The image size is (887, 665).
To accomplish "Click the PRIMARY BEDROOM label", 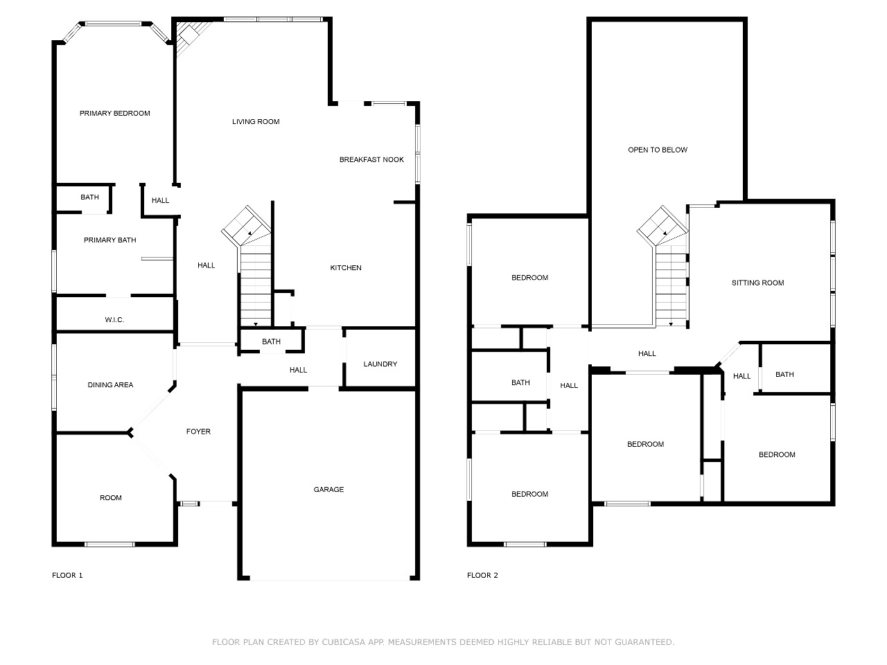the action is coord(115,114).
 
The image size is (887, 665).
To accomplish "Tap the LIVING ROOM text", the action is coord(256,121).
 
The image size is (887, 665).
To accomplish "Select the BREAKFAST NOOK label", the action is coord(371,159).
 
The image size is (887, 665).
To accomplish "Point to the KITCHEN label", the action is coord(346,267).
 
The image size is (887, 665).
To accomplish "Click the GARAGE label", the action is coord(328,489).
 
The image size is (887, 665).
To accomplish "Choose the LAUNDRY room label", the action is coord(380,364).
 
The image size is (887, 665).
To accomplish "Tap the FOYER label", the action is coord(198,432).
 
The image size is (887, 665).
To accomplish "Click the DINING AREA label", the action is coord(110,384).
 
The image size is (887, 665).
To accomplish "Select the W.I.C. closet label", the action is coord(114,320).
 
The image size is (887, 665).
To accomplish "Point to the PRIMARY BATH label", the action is coord(110,240).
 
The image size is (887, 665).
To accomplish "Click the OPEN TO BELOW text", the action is coord(658,150).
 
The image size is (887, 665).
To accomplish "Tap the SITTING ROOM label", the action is coord(757,283).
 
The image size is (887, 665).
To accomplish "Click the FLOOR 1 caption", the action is coord(67,576).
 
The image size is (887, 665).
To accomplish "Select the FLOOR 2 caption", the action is coord(482,576).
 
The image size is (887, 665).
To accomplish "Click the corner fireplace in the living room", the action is coord(190,35).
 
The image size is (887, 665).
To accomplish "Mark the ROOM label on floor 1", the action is coord(111,498).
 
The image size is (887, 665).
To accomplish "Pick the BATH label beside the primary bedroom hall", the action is coord(89,197).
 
